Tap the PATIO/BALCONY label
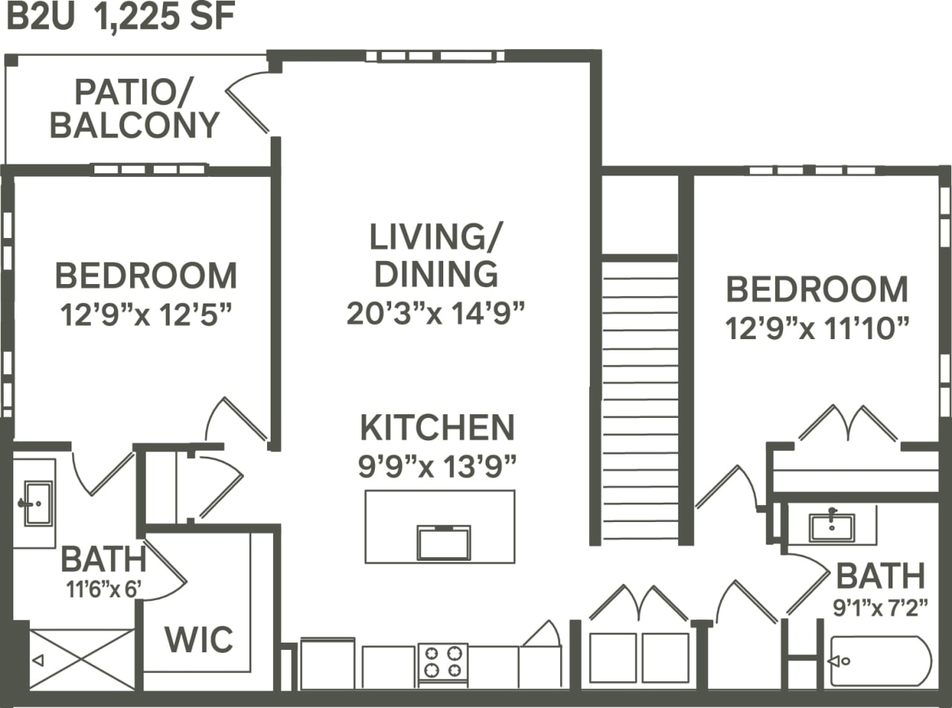(135, 109)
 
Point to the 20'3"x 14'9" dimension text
(436, 313)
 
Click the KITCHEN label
(437, 428)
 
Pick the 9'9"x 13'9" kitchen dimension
(437, 467)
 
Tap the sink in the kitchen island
(443, 542)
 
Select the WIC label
(199, 639)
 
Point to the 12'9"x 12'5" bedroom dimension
(145, 314)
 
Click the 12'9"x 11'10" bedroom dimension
(817, 327)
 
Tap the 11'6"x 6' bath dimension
(103, 591)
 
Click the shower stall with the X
(82, 659)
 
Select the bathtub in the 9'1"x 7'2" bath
(881, 660)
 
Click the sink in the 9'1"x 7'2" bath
(832, 526)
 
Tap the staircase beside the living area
(640, 398)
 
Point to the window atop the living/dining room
(435, 56)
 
